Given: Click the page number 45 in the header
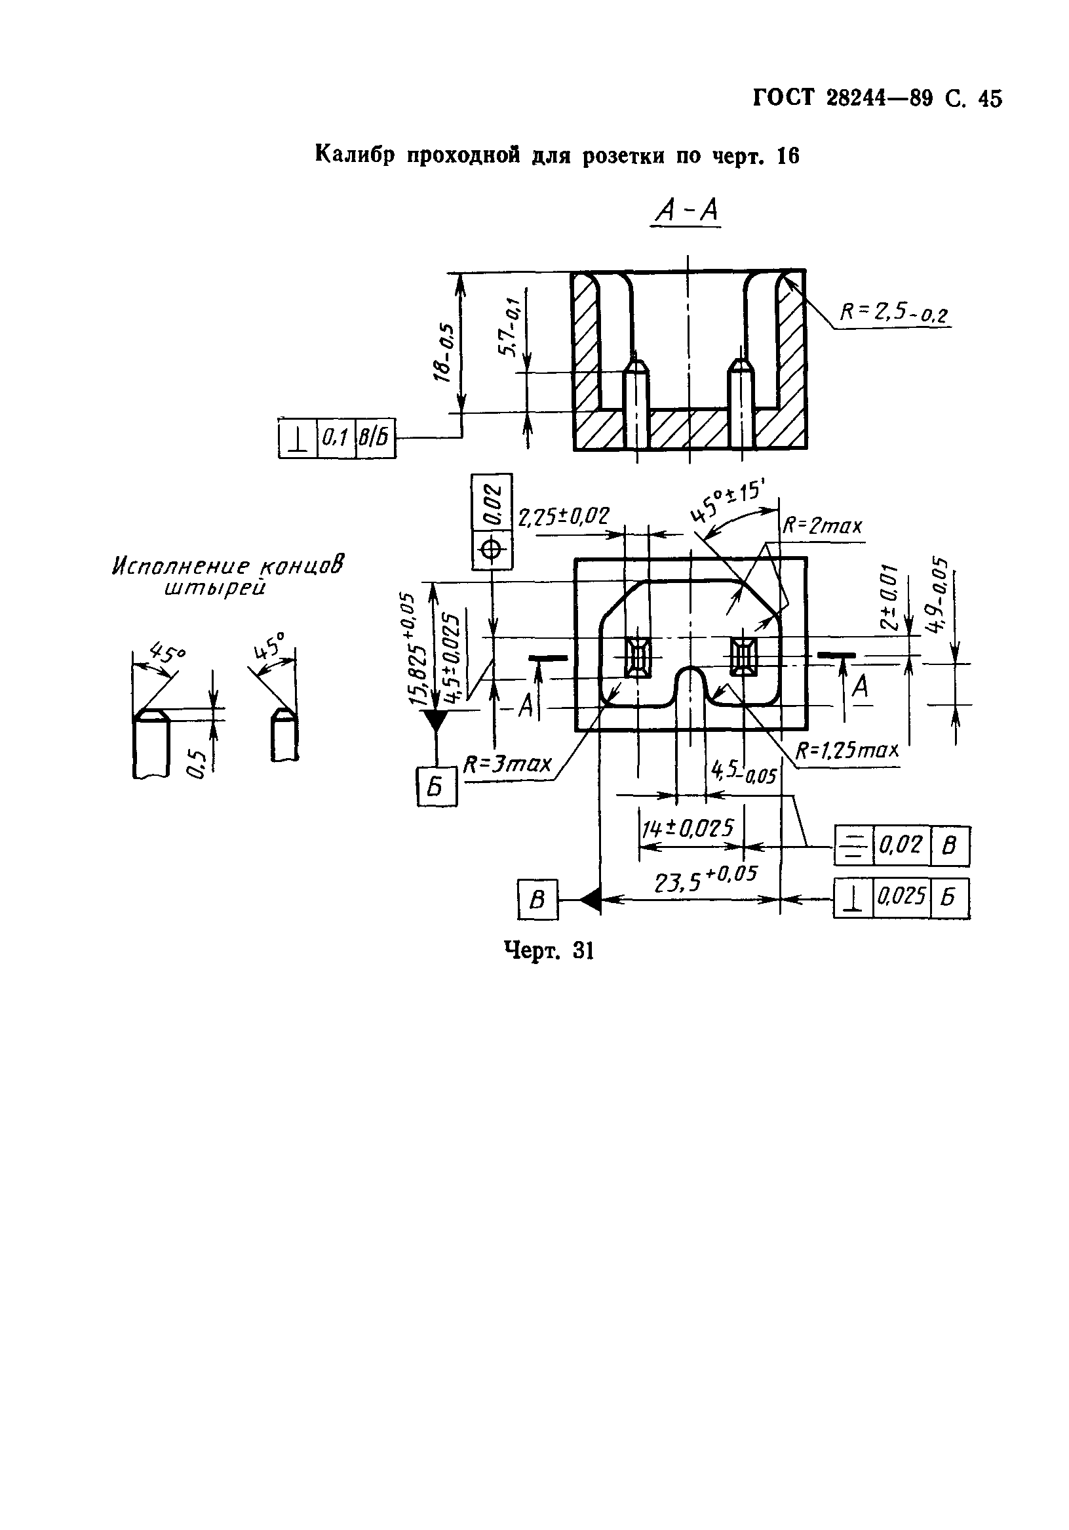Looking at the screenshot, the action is point(989,98).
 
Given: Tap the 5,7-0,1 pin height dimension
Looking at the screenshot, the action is point(510,327).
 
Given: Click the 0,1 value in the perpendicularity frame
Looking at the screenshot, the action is point(336,438).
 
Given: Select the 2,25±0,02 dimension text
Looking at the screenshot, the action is point(564,516).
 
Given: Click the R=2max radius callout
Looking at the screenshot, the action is point(822,527).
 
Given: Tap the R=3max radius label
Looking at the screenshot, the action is point(507,763).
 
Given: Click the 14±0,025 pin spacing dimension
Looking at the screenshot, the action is point(688,828).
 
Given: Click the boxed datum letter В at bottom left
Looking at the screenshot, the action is point(537,900).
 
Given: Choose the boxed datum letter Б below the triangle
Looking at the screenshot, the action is point(437,787).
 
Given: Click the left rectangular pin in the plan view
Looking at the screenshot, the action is point(638,654).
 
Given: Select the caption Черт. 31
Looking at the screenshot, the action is point(548,950).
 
